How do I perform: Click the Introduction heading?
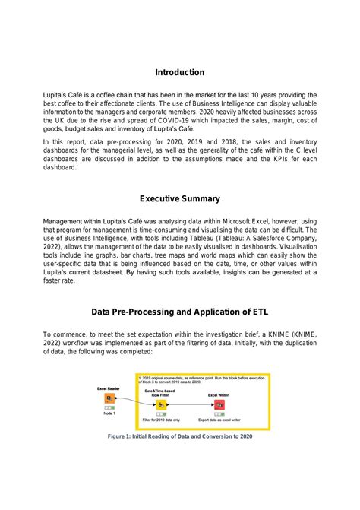(x=179, y=72)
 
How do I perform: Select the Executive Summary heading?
(x=179, y=198)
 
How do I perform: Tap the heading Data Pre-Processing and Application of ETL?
(x=179, y=312)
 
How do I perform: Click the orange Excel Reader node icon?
(x=110, y=398)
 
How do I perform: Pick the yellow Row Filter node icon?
(x=161, y=405)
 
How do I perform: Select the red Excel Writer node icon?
(x=218, y=404)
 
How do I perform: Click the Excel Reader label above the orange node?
(x=109, y=388)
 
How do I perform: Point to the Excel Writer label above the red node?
(x=218, y=394)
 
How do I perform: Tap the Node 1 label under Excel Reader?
(x=109, y=413)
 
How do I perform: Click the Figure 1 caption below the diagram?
(x=179, y=436)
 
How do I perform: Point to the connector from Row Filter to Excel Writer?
(x=190, y=404)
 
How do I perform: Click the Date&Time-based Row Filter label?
(x=161, y=391)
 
